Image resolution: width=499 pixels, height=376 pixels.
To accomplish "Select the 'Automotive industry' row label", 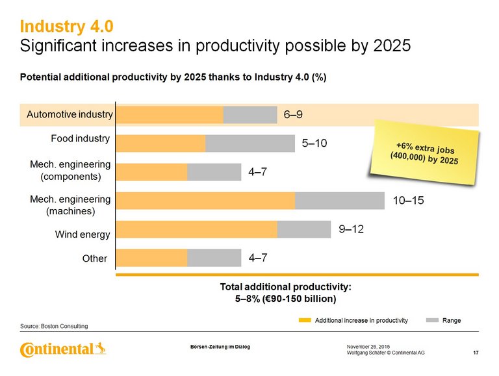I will pyautogui.click(x=70, y=115).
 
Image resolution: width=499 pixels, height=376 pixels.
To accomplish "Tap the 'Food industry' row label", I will pyautogui.click(x=80, y=139).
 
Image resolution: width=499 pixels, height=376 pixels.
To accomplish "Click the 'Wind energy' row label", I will pyautogui.click(x=84, y=234).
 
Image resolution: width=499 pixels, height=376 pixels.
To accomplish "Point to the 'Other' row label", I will pyautogui.click(x=94, y=258).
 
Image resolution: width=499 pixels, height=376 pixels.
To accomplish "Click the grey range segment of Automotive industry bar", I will pyautogui.click(x=250, y=115).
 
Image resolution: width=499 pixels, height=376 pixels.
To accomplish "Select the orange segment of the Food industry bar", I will pyautogui.click(x=161, y=144).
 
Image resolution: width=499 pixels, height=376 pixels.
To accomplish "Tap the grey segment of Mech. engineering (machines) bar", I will pyautogui.click(x=339, y=201).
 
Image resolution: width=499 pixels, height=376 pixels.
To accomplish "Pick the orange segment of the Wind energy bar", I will pyautogui.click(x=197, y=229).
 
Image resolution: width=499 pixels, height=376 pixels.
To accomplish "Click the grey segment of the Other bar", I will pyautogui.click(x=214, y=258).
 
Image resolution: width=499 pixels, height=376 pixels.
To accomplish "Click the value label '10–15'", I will pyautogui.click(x=409, y=201).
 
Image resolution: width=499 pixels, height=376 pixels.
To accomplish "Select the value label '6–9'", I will pyautogui.click(x=293, y=115).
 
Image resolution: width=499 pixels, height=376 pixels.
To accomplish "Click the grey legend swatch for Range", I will pyautogui.click(x=432, y=320).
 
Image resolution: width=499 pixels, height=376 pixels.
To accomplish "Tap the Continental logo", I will pyautogui.click(x=63, y=350).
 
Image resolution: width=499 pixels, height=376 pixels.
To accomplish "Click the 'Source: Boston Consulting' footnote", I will pyautogui.click(x=54, y=325).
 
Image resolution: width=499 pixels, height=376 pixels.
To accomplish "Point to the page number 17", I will pyautogui.click(x=476, y=353).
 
